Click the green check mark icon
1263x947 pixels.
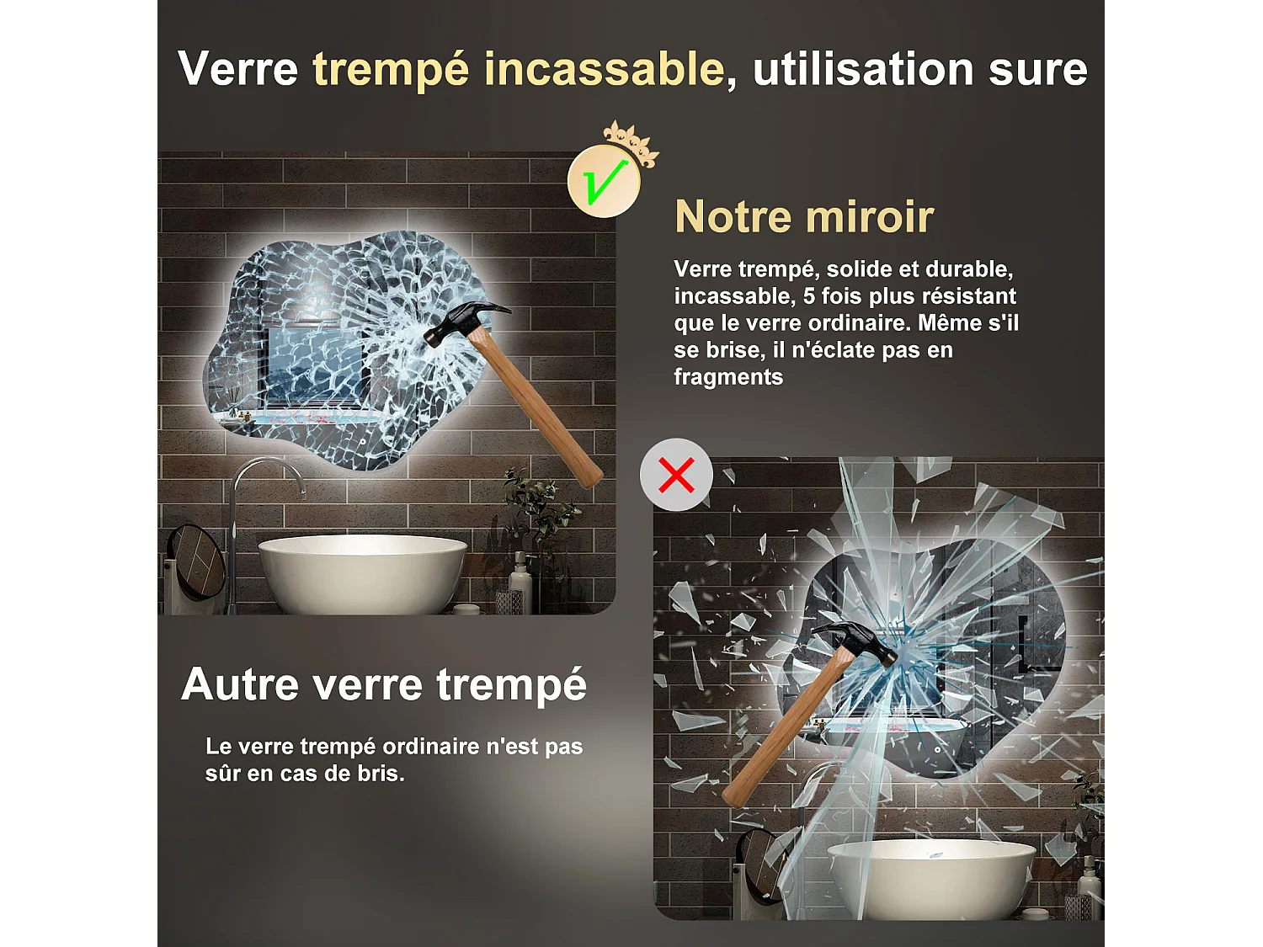point(603,181)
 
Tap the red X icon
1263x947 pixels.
point(676,475)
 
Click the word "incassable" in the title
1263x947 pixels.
point(604,69)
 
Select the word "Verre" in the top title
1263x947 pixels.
point(238,69)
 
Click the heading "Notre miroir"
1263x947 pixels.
point(804,216)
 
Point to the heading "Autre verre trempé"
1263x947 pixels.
point(384,684)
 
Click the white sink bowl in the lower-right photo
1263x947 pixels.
point(930,875)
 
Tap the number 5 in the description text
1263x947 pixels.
point(808,296)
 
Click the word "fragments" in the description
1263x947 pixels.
point(728,377)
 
